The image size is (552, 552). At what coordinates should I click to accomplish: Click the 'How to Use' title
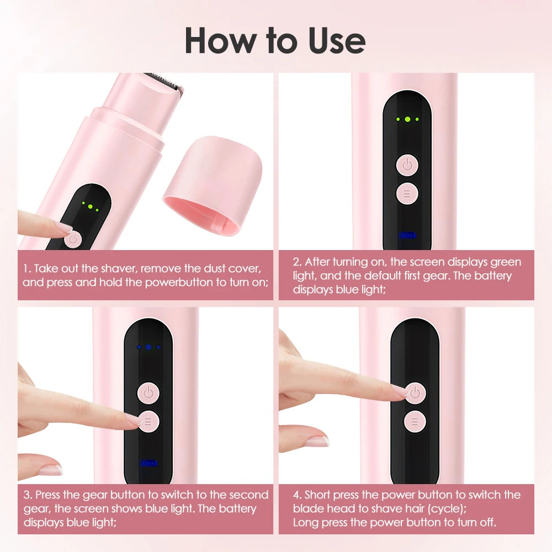(x=274, y=40)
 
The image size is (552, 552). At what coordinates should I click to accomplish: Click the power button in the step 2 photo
(x=407, y=164)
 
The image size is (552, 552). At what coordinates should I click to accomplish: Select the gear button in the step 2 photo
(x=407, y=193)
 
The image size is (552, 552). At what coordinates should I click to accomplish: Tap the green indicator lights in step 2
(x=407, y=119)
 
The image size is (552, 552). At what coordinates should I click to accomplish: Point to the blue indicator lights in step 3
(x=148, y=347)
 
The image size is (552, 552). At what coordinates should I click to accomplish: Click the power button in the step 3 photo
(x=148, y=393)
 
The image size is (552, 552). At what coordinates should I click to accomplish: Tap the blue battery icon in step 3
(x=148, y=463)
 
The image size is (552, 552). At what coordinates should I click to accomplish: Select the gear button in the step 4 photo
(x=415, y=422)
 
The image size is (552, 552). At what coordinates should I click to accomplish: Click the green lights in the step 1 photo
(x=90, y=206)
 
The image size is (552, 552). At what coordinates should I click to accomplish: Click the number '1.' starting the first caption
(x=27, y=269)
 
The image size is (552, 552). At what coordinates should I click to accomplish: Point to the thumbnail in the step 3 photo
(x=50, y=470)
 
